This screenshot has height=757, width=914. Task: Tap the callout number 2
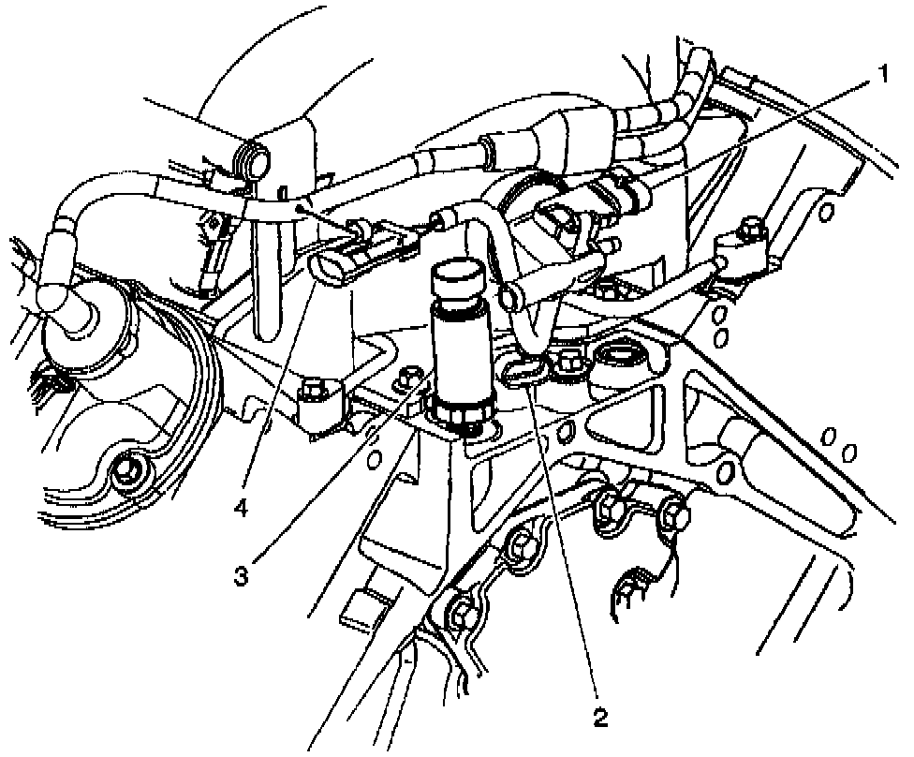(599, 719)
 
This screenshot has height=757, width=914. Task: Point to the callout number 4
(242, 509)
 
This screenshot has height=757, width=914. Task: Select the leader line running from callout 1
(749, 141)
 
